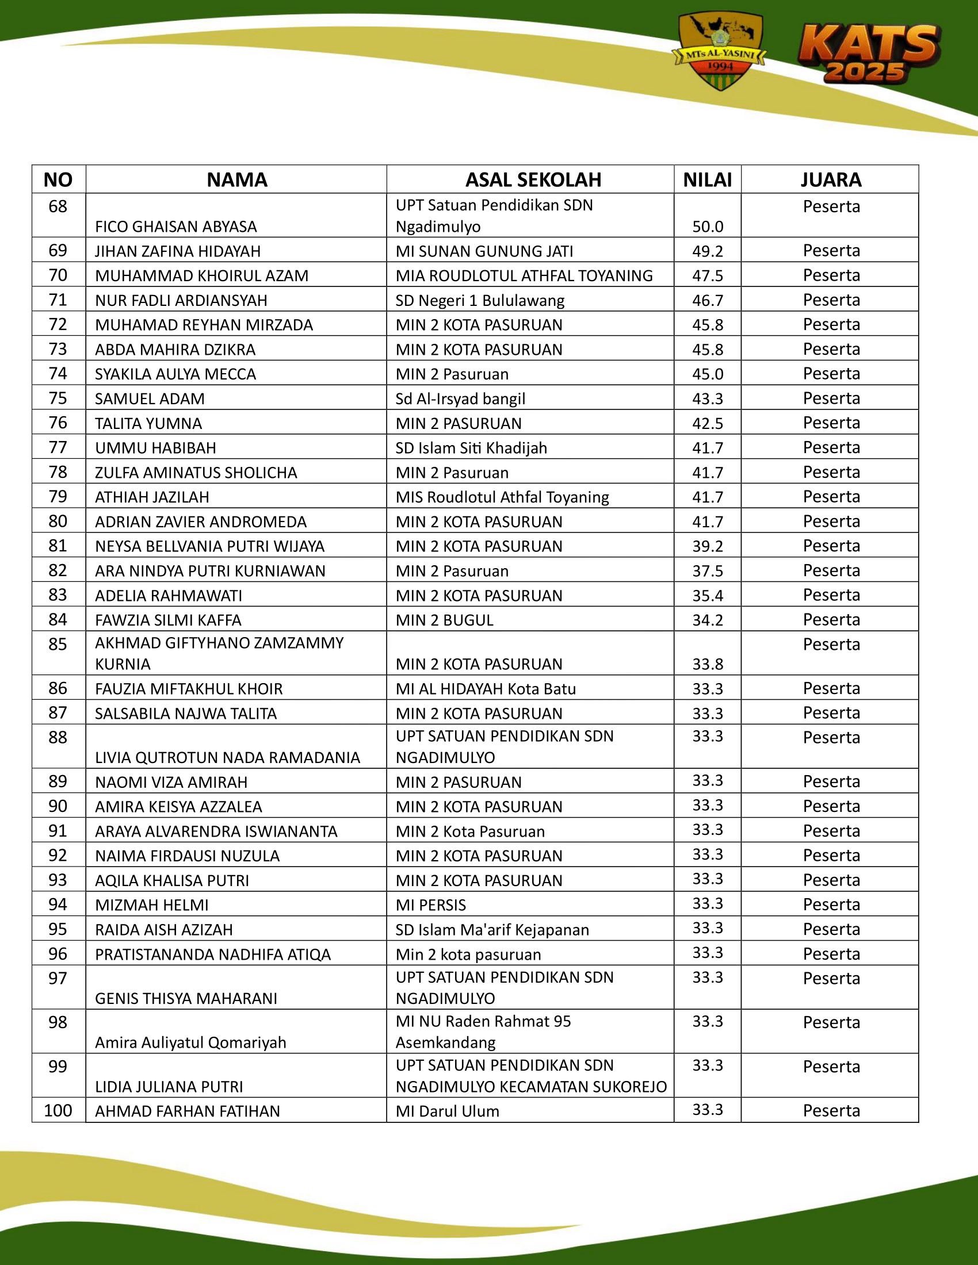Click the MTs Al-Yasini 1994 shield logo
[720, 51]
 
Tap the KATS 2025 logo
[869, 54]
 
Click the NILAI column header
[707, 180]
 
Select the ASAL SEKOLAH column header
[533, 180]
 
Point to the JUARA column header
[830, 180]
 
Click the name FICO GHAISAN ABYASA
[175, 227]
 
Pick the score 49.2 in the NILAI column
[708, 251]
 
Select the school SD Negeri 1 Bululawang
[480, 300]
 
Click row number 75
[58, 398]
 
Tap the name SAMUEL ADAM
[150, 398]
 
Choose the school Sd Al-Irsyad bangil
[460, 398]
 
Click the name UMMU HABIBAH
[155, 448]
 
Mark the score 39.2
[708, 546]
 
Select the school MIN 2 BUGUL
[444, 620]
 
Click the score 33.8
[708, 664]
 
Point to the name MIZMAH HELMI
[152, 904]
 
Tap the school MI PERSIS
[430, 904]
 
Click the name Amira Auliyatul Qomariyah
[190, 1042]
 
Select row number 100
[58, 1110]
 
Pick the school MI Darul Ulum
[447, 1111]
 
